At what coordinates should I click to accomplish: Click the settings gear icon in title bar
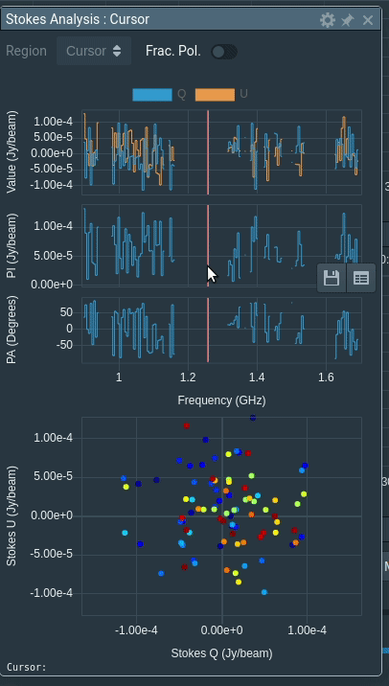[328, 19]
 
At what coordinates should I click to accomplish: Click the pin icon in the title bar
[348, 19]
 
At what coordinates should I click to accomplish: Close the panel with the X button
[368, 19]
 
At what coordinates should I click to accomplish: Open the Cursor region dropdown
[94, 51]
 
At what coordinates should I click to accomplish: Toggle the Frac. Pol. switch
[224, 51]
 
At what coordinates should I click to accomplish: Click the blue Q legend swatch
[152, 94]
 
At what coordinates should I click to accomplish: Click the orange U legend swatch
[215, 94]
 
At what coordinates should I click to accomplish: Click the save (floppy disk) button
[332, 278]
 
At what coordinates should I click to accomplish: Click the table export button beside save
[360, 278]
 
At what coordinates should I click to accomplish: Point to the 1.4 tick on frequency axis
[257, 377]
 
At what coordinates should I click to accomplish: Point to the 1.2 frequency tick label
[188, 377]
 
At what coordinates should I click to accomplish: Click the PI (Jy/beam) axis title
[11, 245]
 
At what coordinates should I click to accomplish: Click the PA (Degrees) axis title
[11, 331]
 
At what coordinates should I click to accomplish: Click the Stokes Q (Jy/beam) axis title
[221, 652]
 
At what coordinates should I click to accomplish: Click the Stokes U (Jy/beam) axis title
[11, 515]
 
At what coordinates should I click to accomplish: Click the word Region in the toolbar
[26, 51]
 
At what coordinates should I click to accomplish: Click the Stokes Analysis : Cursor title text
[78, 18]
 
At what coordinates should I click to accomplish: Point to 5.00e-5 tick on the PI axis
[54, 256]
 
